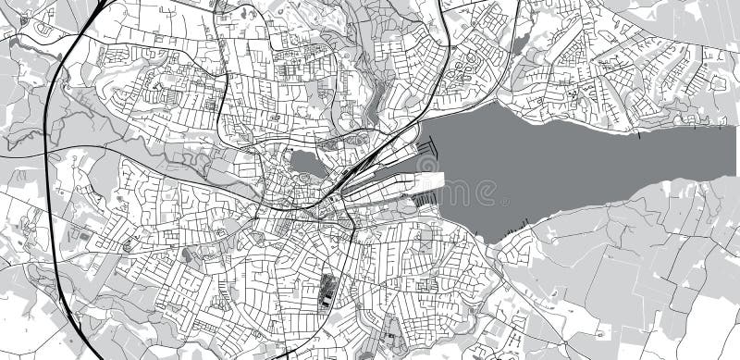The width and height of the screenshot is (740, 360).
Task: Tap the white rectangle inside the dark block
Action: (325, 297)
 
